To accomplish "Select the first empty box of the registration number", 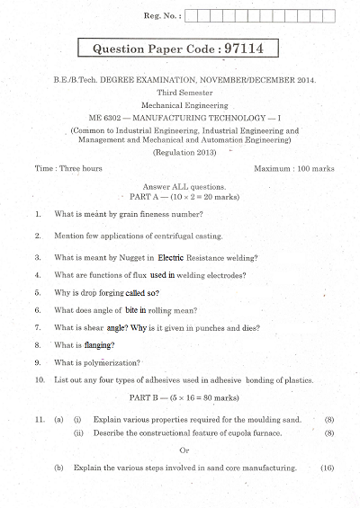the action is point(195,15).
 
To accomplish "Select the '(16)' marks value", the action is point(327,468).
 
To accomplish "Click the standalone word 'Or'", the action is point(184,450).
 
